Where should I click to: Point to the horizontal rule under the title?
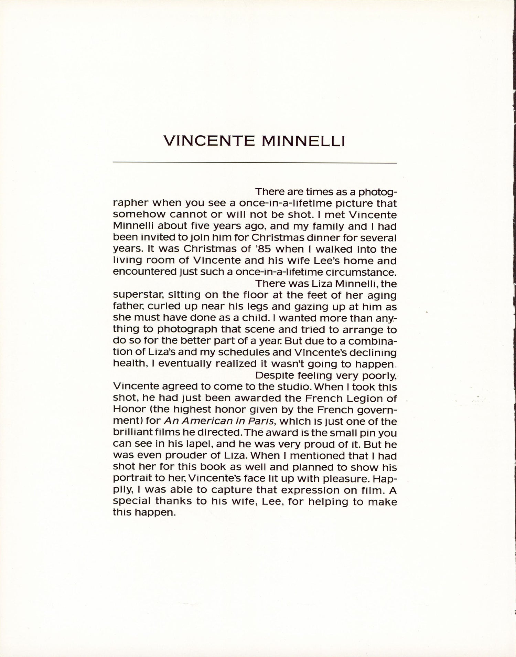[255, 162]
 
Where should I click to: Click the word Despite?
[273, 375]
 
